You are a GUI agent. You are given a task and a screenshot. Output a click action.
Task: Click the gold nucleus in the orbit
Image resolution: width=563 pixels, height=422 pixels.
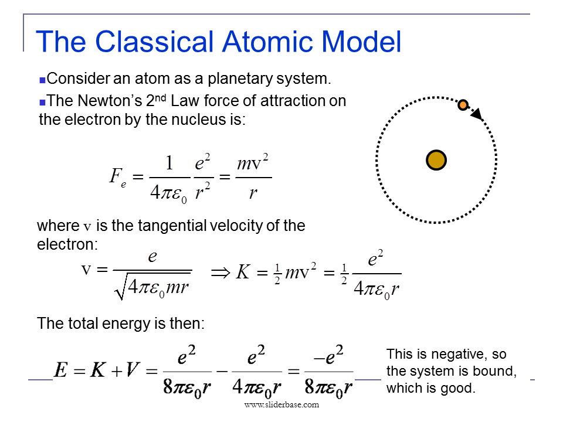point(436,160)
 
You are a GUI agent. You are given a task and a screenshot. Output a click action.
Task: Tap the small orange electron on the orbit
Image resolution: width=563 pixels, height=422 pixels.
point(463,105)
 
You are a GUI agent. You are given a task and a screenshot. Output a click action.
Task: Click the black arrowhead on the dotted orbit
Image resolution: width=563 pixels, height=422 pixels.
point(477,114)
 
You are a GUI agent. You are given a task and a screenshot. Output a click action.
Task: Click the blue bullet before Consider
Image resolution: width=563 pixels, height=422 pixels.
point(42,79)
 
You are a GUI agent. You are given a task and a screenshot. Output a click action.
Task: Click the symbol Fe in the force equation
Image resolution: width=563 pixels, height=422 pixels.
point(117,176)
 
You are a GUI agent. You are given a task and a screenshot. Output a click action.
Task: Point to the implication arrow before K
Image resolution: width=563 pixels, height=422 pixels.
point(219,272)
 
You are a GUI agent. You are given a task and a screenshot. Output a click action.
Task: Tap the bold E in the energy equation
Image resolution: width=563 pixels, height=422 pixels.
point(60,370)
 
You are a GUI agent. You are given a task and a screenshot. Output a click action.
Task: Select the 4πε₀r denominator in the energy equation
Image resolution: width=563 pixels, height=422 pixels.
point(257,387)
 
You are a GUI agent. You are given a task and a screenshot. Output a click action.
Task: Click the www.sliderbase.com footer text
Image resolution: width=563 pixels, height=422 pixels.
point(281,404)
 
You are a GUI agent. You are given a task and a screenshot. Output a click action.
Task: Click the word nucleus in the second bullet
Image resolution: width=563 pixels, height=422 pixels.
point(212,120)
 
